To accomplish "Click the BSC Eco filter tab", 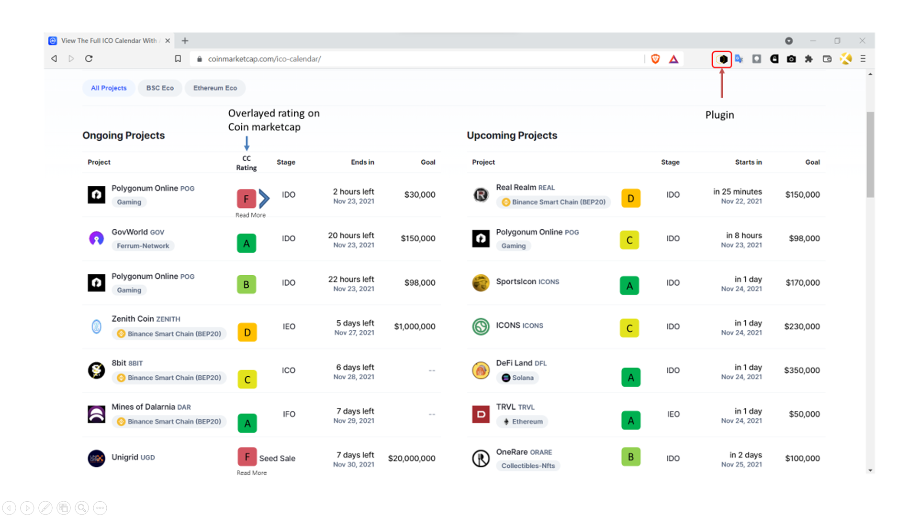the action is point(160,88).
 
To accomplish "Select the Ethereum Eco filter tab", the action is point(215,88).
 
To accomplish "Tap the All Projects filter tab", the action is point(109,88).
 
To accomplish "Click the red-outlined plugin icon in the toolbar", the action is point(722,59).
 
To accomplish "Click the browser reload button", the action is point(89,59).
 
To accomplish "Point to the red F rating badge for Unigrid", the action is point(247,457).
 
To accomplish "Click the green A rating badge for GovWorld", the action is point(247,243).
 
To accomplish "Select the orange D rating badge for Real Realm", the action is point(631,198).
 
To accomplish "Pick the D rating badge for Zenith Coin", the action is point(247,332).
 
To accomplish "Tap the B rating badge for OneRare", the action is point(631,457).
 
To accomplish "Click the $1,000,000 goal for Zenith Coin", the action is point(415,326).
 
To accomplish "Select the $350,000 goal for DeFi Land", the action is point(802,371).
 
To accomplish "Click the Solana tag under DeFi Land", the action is point(517,378).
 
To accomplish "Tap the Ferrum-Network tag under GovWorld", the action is point(143,246).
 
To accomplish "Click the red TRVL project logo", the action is point(481,414).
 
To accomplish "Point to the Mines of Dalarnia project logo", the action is point(96,414).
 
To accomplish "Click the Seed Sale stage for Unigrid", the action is point(277,459).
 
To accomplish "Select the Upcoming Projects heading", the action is point(512,135).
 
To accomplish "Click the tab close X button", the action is point(168,41).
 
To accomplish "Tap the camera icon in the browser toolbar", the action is point(791,59).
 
